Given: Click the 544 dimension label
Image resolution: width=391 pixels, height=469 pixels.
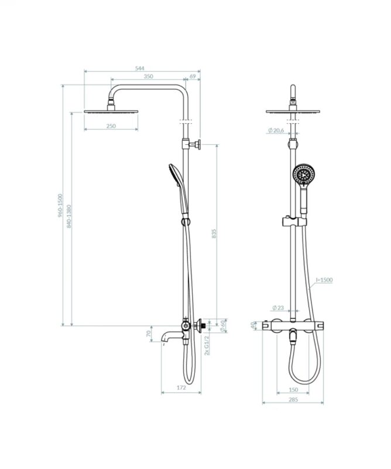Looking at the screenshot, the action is [139, 68].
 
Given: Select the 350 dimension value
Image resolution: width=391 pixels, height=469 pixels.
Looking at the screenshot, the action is [149, 76].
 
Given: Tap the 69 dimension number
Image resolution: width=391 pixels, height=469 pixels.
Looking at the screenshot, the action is [193, 76].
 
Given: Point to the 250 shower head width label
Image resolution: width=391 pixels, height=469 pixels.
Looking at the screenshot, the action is [111, 126].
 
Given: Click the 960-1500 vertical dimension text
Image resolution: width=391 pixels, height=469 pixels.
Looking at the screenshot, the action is [60, 205].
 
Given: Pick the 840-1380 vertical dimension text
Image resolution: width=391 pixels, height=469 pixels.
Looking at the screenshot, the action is [69, 216].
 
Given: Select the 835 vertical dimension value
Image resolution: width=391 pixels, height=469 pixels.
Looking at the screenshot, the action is [214, 233].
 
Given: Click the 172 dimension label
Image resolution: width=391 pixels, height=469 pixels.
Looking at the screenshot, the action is [181, 388].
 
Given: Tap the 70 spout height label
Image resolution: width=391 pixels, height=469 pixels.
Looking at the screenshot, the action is [149, 334].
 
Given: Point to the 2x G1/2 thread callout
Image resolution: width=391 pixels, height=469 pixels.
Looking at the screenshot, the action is [207, 345].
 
